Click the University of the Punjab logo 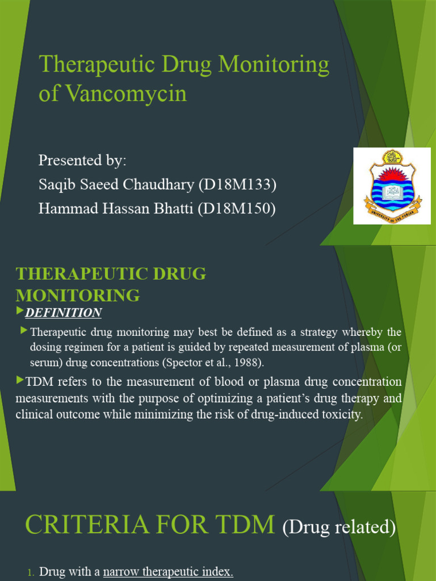pos(392,186)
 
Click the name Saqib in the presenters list pos(55,185)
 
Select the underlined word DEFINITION pos(64,313)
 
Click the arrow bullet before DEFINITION pos(20,311)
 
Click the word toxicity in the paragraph pos(339,415)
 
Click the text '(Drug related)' pos(339,528)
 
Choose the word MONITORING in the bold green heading pos(78,295)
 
